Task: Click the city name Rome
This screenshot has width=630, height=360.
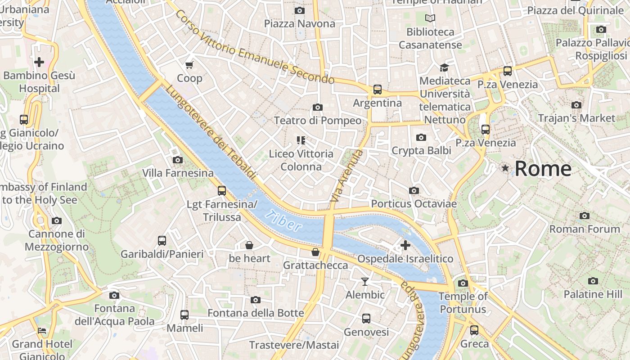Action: pos(543,169)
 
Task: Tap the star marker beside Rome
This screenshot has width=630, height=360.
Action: pos(505,168)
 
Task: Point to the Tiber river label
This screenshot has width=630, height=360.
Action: pos(283,220)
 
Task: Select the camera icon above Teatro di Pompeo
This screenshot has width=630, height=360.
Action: pos(317,107)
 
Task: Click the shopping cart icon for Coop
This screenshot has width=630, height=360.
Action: pos(189,65)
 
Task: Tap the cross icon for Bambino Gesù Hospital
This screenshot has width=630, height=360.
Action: pos(39,62)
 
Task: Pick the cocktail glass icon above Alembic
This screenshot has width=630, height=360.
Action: pos(365,282)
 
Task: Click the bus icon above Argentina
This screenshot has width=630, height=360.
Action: pos(377,90)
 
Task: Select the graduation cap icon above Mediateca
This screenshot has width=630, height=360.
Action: pos(444,67)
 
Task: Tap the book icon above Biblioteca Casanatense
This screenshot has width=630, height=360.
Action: pos(430,18)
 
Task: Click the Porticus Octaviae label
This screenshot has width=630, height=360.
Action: pos(414,204)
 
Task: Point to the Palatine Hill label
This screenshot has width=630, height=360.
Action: pos(593,294)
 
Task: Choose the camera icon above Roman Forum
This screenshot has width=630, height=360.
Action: pos(584,216)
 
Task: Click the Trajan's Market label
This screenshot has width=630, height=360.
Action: pos(576,118)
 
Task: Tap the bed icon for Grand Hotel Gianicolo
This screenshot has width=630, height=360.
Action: pos(41,331)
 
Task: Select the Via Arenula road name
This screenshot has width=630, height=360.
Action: pos(346,175)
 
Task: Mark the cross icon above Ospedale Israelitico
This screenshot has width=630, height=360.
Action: pos(405,246)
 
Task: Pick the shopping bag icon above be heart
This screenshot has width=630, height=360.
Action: pos(249,245)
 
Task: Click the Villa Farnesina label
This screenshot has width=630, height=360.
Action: pos(178,173)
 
